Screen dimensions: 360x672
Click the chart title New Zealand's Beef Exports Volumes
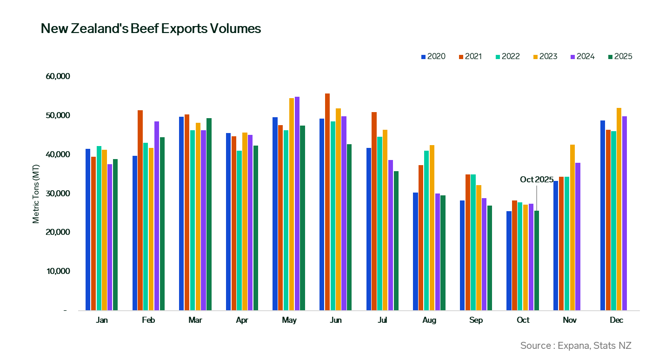click(151, 29)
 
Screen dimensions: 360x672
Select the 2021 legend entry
click(470, 57)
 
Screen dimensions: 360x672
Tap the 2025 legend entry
click(620, 57)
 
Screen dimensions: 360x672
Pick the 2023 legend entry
click(545, 57)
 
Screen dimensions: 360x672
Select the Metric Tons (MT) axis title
click(36, 193)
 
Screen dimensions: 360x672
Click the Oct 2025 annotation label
click(536, 180)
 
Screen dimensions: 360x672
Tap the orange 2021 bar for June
click(327, 202)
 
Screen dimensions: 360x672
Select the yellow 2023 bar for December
click(619, 209)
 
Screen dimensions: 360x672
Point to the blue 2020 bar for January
click(88, 229)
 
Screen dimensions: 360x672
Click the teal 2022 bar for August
click(426, 230)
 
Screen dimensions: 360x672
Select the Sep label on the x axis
click(476, 320)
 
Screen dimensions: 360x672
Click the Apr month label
click(242, 320)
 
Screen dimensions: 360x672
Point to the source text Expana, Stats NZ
click(576, 346)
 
